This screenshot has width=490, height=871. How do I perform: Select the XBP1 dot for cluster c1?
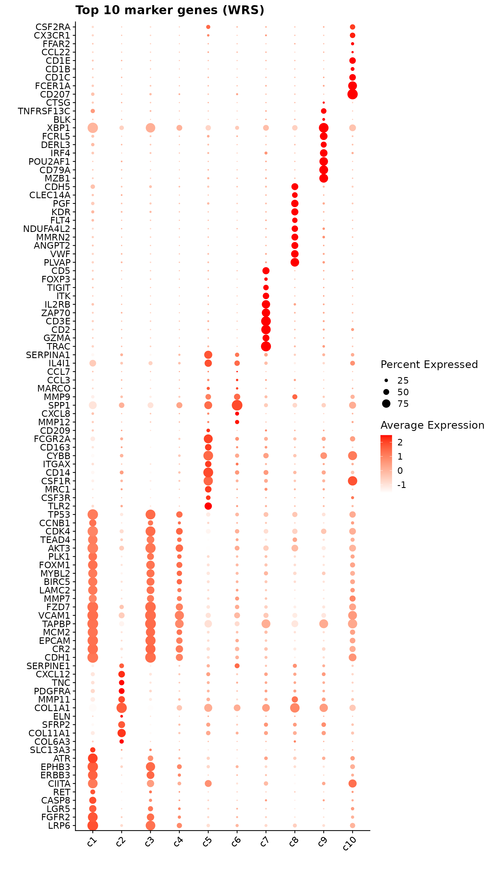click(93, 128)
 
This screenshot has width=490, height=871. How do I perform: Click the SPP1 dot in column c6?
click(237, 405)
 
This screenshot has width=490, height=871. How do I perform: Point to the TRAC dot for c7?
click(266, 346)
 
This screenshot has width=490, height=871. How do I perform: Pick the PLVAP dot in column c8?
click(295, 262)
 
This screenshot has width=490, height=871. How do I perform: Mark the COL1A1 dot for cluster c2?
click(121, 708)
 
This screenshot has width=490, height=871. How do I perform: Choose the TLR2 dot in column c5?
click(208, 506)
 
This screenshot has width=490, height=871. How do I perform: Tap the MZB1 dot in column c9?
click(323, 178)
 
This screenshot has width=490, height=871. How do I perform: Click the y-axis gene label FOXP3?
click(56, 279)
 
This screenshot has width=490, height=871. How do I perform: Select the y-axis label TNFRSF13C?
click(44, 111)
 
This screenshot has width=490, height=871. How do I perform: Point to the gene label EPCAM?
click(54, 641)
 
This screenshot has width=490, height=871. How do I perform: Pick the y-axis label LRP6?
click(59, 826)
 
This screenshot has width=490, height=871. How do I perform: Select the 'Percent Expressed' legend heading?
click(429, 365)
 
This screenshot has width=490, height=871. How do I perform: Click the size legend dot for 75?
click(386, 403)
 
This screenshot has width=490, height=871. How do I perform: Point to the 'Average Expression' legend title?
click(432, 425)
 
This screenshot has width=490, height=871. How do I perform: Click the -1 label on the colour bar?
click(402, 485)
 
